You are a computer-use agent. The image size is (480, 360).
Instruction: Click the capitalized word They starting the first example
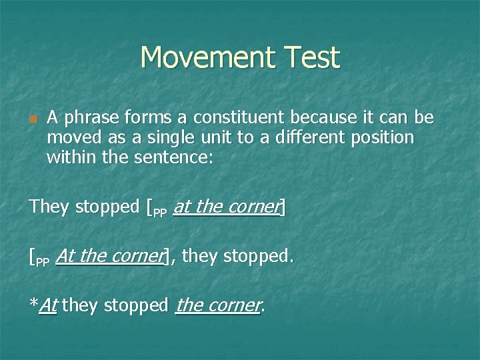point(49,207)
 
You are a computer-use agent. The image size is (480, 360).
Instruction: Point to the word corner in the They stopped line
point(253,207)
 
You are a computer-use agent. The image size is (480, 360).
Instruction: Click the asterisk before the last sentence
point(33,304)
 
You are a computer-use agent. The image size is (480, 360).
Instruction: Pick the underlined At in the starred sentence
point(48,306)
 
